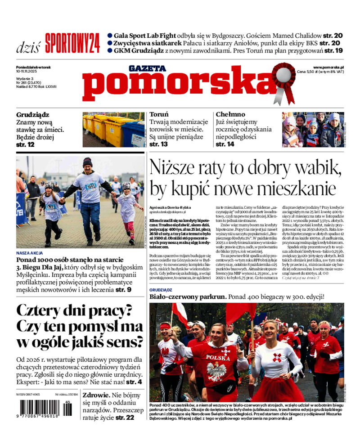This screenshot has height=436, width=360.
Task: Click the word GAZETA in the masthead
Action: pyautogui.click(x=147, y=68)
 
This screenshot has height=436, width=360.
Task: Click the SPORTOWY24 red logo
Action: pyautogui.click(x=72, y=44)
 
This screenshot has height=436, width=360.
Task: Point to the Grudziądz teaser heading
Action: pyautogui.click(x=33, y=115)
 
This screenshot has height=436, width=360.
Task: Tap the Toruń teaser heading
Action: pyautogui.click(x=159, y=115)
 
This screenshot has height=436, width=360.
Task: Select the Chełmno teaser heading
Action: pyautogui.click(x=230, y=115)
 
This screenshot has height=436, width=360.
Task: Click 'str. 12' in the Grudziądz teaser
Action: pyautogui.click(x=25, y=144)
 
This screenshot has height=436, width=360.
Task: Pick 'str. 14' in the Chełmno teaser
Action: pyautogui.click(x=225, y=144)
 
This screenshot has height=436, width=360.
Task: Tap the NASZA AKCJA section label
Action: pyautogui.click(x=30, y=252)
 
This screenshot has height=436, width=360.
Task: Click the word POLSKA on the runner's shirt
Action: pyautogui.click(x=218, y=357)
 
